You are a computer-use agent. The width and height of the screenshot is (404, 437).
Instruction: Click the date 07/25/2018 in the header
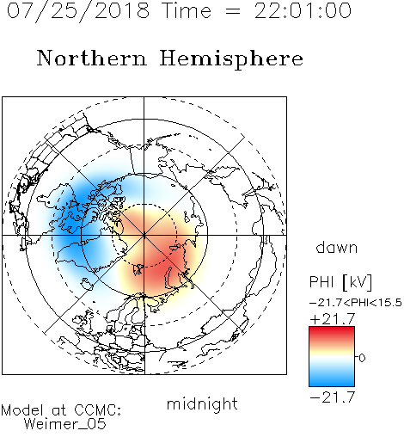[x=78, y=11]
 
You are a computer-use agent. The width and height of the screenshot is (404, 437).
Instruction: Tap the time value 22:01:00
[x=303, y=10]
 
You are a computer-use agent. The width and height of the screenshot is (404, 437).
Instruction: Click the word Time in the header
[x=187, y=10]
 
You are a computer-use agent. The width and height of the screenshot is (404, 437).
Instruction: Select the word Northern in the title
[x=92, y=58]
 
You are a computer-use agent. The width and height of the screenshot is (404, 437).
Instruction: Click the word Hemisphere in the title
[x=231, y=59]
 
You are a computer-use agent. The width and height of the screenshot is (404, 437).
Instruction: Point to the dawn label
[x=336, y=247]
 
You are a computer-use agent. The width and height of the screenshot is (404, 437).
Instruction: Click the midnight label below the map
[x=202, y=404]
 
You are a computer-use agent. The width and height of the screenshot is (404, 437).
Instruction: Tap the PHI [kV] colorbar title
[x=340, y=282]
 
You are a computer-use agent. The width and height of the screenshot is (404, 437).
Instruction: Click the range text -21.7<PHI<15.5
[x=356, y=303]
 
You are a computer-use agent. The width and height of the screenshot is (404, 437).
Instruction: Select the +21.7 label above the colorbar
[x=333, y=319]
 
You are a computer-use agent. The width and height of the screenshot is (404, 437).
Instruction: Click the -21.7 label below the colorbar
[x=333, y=397]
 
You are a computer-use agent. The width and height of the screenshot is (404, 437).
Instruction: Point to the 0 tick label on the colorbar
[x=362, y=358]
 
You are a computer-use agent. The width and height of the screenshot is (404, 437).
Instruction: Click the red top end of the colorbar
[x=332, y=329]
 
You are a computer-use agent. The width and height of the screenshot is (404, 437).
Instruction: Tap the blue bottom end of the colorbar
[x=332, y=384]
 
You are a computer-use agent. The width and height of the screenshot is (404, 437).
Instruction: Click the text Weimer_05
[x=65, y=424]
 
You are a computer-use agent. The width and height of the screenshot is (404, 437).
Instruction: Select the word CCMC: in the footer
[x=98, y=410]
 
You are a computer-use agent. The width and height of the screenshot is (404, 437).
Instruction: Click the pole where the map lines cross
[x=144, y=235]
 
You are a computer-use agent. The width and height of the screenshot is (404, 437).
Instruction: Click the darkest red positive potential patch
[x=166, y=264]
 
